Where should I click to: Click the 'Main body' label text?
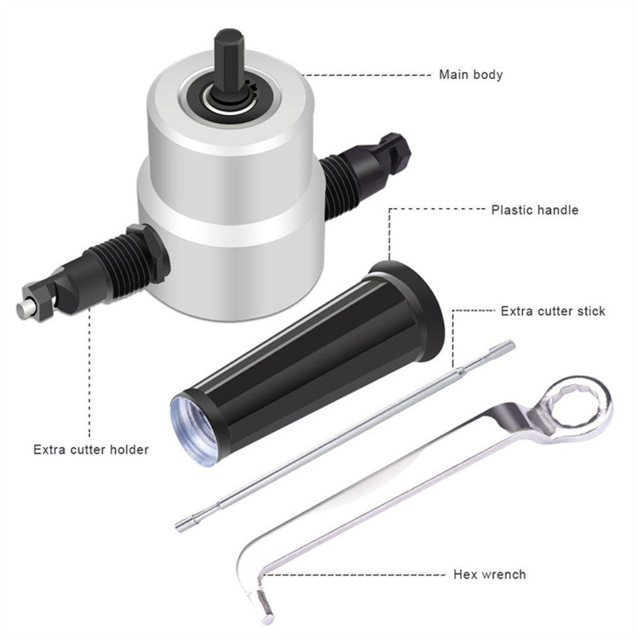pyautogui.click(x=471, y=75)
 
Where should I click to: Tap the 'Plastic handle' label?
pyautogui.click(x=535, y=210)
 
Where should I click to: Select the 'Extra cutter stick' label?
pyautogui.click(x=553, y=311)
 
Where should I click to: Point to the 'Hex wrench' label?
pyautogui.click(x=489, y=575)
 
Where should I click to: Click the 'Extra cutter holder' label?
pyautogui.click(x=91, y=450)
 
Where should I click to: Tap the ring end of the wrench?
pyautogui.click(x=578, y=408)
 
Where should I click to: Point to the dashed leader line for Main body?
pyautogui.click(x=367, y=75)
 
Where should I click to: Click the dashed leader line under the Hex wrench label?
pyautogui.click(x=354, y=575)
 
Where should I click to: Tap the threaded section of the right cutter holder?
pyautogui.click(x=337, y=184)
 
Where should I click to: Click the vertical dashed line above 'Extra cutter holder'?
pyautogui.click(x=89, y=373)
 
